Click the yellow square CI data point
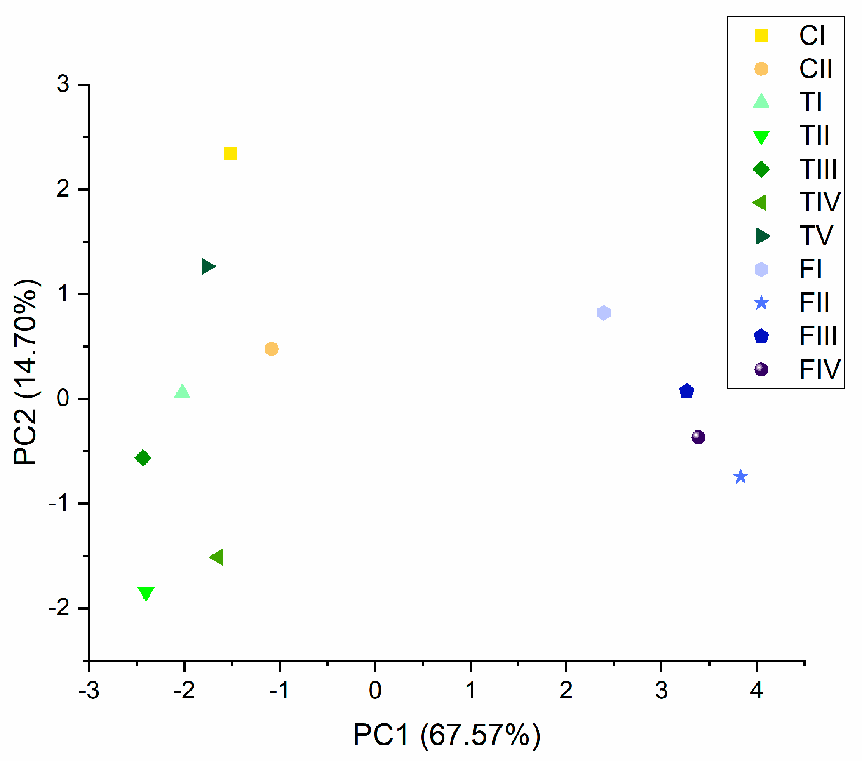(x=230, y=153)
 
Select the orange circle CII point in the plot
(x=271, y=349)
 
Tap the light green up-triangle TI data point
(x=182, y=392)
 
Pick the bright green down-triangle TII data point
(x=146, y=592)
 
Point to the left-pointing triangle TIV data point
(x=217, y=557)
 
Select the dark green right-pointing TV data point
(x=207, y=266)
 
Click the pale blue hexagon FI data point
(x=604, y=312)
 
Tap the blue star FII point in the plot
(x=740, y=477)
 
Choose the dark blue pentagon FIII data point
(x=686, y=391)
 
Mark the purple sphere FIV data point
(x=698, y=437)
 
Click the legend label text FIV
(x=820, y=369)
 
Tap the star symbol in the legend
(x=761, y=303)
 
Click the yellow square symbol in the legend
(x=761, y=36)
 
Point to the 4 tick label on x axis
(x=756, y=690)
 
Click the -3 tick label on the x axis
(x=89, y=690)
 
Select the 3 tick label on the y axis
(x=63, y=84)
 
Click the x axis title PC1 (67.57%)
(x=446, y=735)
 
